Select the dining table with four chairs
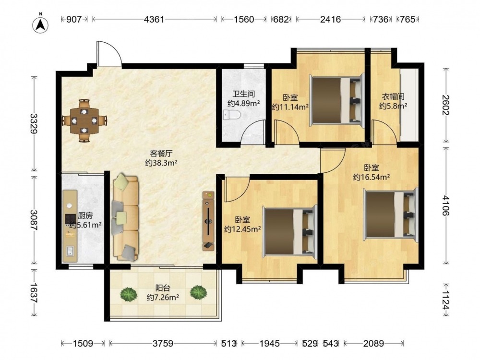click(84, 120)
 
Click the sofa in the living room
click(126, 217)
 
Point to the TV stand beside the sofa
click(209, 221)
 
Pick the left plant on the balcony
click(128, 294)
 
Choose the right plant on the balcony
click(198, 293)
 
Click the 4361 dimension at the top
click(154, 19)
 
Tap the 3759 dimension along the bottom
click(163, 343)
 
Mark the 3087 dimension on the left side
click(34, 220)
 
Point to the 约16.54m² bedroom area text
click(372, 177)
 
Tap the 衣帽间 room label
click(393, 97)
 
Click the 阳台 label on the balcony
click(163, 288)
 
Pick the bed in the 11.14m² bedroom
click(337, 99)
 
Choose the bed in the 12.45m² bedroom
click(289, 231)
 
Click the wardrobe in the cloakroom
click(409, 105)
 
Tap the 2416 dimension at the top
click(331, 19)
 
